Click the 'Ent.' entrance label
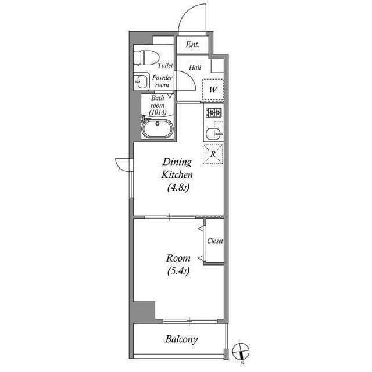192,45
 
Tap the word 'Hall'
195,67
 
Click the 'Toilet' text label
165,66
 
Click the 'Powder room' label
162,81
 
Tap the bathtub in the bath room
158,129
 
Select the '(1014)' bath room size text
158,112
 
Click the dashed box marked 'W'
213,89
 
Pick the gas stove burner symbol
214,112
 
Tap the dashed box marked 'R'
213,154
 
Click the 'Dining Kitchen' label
177,169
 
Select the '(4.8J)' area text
177,188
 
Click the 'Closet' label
214,241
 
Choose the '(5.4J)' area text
177,271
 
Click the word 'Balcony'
181,339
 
